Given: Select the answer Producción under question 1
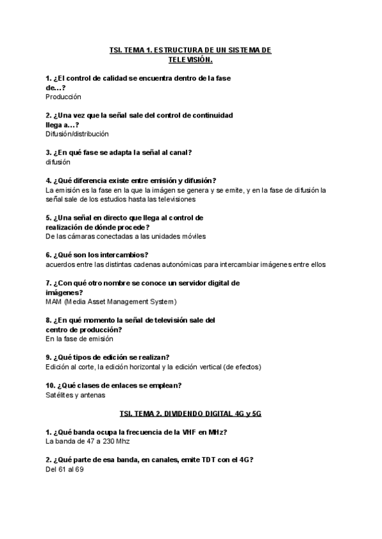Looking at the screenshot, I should click(x=64, y=97).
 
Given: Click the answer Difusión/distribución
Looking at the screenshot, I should click(x=77, y=134).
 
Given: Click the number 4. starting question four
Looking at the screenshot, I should click(x=49, y=181).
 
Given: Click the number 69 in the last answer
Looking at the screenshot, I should click(x=80, y=469).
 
